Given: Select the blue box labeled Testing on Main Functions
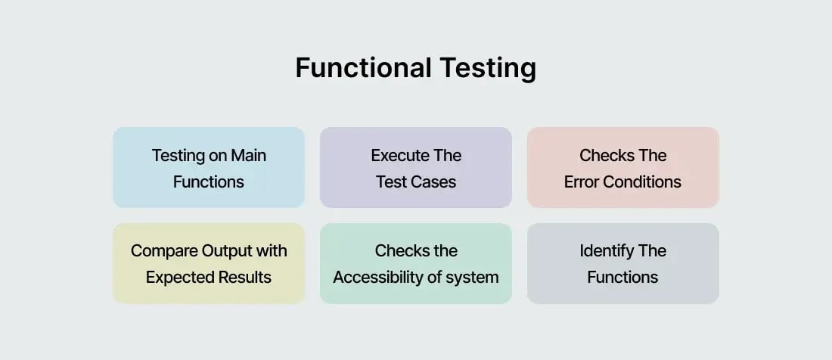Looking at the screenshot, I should [x=209, y=167].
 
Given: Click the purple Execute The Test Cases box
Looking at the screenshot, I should [x=416, y=167].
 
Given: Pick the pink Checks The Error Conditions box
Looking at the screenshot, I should [x=622, y=167].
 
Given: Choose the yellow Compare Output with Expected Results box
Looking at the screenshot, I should [x=209, y=263].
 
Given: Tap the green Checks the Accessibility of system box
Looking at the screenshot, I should [x=416, y=263].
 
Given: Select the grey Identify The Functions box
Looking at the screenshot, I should [x=622, y=263].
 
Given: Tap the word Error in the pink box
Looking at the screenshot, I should [x=582, y=182].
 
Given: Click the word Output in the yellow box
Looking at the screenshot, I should [x=228, y=251].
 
